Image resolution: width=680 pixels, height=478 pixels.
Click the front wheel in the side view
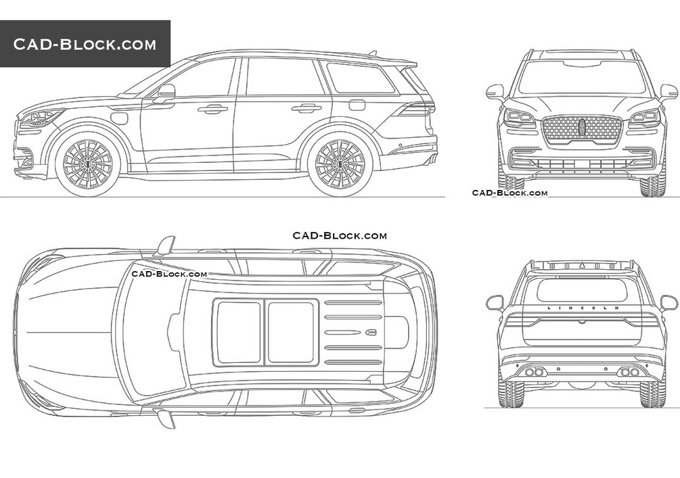87,163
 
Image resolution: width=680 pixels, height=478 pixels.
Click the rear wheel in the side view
340,163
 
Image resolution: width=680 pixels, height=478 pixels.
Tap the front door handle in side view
212,108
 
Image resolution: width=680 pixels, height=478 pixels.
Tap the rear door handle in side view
307,107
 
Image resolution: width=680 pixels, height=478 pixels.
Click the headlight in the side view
41,118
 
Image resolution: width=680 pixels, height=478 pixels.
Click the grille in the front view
582,129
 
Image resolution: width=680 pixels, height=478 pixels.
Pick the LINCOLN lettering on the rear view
581,308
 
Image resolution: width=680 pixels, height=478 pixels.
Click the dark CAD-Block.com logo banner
85,45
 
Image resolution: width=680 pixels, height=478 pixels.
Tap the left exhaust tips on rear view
535,371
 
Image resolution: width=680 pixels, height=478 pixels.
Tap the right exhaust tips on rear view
629,371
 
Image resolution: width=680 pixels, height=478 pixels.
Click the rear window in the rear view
581,290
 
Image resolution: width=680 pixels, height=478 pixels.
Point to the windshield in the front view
582,78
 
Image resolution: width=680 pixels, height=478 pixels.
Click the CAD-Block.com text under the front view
509,193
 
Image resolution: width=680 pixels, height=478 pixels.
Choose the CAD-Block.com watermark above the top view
339,235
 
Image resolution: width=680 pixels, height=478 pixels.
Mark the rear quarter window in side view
360,78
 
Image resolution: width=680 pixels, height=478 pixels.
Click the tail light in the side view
415,109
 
